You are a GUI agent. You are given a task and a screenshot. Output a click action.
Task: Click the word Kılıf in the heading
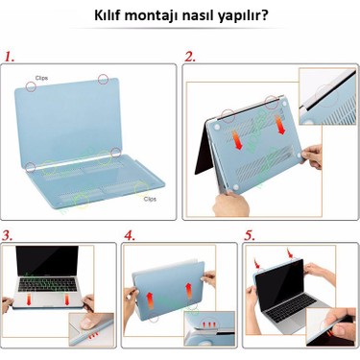(109, 16)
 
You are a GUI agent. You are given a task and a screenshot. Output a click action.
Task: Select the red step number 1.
(12, 57)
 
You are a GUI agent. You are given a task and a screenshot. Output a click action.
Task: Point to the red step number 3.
(8, 234)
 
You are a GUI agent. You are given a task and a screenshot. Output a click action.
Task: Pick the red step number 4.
(130, 234)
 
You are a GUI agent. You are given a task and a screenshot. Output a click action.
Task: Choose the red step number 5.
(250, 234)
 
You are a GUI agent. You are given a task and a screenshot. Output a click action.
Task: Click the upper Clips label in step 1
(42, 77)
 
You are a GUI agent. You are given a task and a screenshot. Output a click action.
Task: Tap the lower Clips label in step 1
(150, 199)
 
